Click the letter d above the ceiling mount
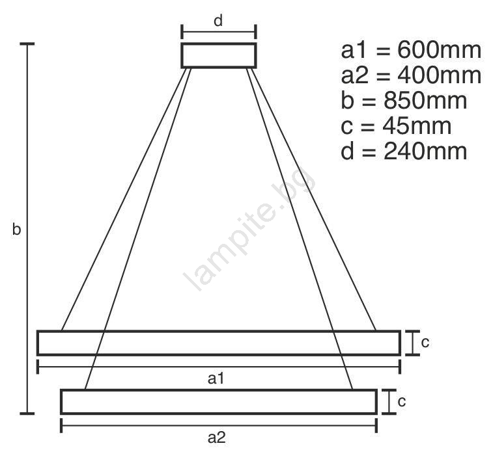coord(218,21)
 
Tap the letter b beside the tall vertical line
coord(16,229)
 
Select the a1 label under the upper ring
coord(216,378)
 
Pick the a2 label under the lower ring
coord(217,437)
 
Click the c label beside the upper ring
coord(425,343)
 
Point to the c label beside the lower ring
coord(402,401)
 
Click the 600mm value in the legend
coord(439,50)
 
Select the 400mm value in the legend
coord(439,75)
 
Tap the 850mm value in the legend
coord(425,100)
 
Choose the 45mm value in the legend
coord(417,126)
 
